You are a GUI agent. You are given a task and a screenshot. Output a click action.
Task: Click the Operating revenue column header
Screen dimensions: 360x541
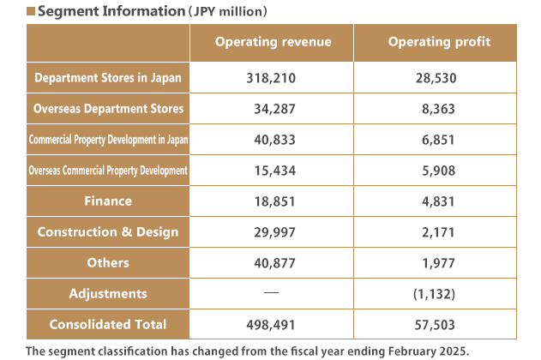[272, 42]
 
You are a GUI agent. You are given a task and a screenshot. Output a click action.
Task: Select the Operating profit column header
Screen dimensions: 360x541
[439, 42]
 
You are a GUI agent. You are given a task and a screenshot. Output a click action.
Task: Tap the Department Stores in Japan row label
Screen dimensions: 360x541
[108, 78]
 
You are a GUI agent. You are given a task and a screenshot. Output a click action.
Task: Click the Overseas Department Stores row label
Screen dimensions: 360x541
[108, 109]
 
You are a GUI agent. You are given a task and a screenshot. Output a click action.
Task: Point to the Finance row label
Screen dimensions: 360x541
[108, 201]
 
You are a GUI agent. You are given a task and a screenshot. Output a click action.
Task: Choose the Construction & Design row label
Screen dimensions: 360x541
[108, 232]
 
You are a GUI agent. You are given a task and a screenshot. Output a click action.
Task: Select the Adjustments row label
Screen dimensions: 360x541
[108, 294]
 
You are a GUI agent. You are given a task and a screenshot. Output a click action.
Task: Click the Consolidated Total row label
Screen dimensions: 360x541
[108, 325]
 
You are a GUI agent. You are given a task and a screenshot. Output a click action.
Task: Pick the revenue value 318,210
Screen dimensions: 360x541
[272, 78]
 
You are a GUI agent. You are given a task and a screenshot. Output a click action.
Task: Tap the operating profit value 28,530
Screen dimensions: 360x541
[439, 78]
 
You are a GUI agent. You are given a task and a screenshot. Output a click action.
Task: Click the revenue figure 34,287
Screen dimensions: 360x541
[272, 109]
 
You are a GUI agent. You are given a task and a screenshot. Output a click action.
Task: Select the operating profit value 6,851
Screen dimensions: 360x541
[439, 140]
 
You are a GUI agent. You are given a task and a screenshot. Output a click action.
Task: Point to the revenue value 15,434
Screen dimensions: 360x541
[272, 171]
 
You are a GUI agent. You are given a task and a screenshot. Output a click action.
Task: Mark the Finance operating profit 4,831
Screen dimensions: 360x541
[439, 201]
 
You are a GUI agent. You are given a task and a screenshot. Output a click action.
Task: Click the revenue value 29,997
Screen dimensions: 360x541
[272, 232]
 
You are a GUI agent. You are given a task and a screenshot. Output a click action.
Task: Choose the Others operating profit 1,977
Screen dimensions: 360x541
[439, 263]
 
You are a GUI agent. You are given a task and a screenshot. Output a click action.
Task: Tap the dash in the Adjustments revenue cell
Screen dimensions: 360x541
[272, 293]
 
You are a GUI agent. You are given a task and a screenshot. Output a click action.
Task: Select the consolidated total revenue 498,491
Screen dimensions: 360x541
[272, 325]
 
